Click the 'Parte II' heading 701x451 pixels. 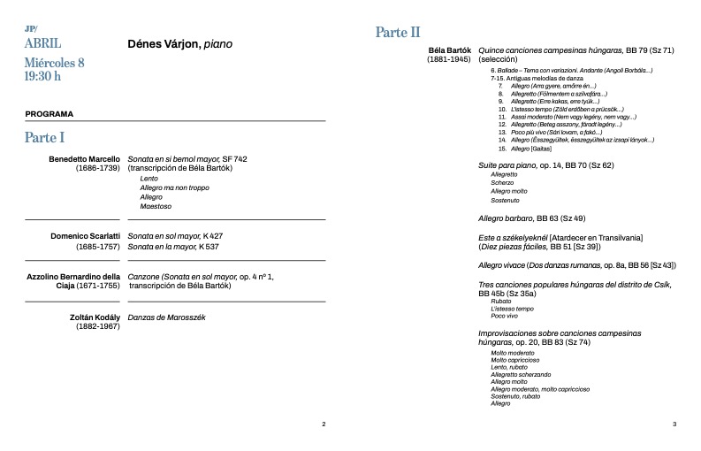tap(398, 33)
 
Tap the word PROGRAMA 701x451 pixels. tap(50, 114)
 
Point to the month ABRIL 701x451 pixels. tap(43, 42)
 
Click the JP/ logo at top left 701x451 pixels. tap(32, 28)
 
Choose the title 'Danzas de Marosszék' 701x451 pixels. tap(167, 317)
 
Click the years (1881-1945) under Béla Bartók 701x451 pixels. tap(449, 60)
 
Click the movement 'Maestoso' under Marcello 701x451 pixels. tap(156, 206)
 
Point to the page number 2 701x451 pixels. tap(324, 424)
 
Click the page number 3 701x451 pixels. tap(674, 424)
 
